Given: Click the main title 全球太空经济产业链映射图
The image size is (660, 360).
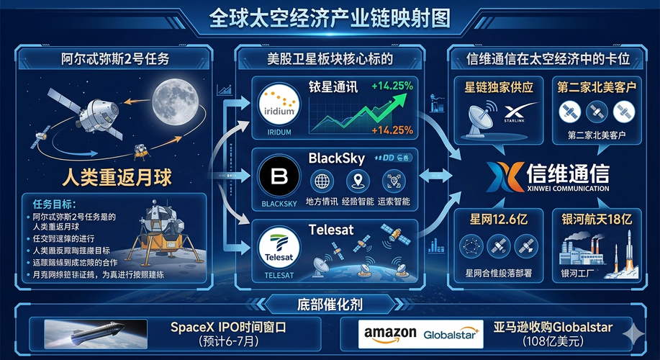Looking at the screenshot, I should click(330, 17).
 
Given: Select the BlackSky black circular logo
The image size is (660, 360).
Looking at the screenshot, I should click(277, 176).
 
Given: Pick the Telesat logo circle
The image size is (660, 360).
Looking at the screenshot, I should click(277, 246).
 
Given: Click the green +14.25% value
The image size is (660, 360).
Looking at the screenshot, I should click(392, 86).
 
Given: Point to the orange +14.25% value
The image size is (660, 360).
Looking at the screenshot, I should click(392, 130).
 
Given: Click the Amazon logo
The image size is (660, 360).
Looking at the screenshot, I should click(390, 333).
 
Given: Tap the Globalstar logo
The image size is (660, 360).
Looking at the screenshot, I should click(451, 334).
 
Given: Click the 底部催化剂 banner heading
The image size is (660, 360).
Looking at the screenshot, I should click(329, 300).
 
